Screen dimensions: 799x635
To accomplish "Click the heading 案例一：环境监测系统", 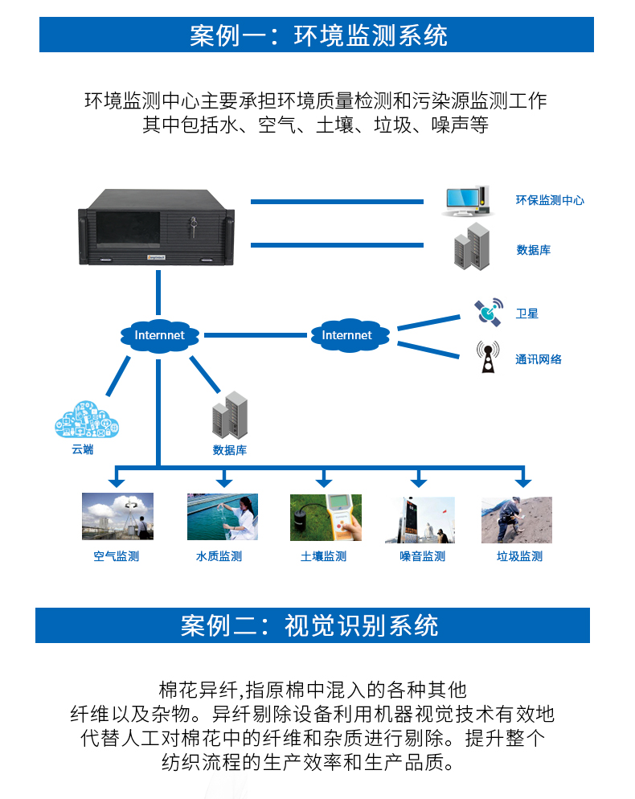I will tap(317, 35).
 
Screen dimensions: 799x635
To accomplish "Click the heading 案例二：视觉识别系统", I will tap(312, 625).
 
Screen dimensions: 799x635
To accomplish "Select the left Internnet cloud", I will tap(159, 335).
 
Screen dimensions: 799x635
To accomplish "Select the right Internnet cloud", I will tap(347, 335).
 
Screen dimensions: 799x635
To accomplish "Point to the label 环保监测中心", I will tap(550, 200).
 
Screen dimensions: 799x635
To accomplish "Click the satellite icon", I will tap(488, 310).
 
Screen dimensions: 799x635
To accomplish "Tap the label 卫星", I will tap(526, 313).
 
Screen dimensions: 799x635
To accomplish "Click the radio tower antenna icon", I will tap(487, 358).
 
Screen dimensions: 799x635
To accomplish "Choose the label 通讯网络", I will tap(539, 359).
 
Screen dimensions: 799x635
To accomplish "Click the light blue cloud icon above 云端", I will tap(87, 420).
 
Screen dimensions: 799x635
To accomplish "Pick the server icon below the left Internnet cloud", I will tap(230, 415).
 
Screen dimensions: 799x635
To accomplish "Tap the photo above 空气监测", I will tap(117, 517).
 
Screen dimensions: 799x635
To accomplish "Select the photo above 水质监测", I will tap(223, 517).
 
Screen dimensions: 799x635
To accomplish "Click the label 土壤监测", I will tap(324, 556).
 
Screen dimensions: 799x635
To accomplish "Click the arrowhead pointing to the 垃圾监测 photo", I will tap(523, 482).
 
